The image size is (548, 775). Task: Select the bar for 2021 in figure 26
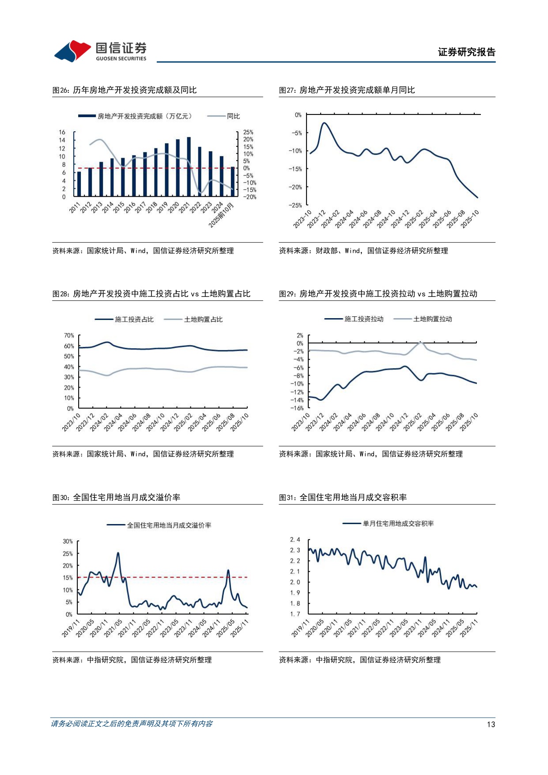[x=189, y=167]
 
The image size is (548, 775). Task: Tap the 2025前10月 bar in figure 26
[x=233, y=181]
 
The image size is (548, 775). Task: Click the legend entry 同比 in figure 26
[x=233, y=116]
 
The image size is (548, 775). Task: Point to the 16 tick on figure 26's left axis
[x=62, y=132]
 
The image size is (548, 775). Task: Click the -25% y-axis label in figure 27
[x=295, y=205]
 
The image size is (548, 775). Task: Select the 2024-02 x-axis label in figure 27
[x=331, y=219]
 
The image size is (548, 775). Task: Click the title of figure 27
[x=347, y=90]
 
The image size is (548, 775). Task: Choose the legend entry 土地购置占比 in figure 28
[x=203, y=319]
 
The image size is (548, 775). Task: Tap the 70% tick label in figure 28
[x=69, y=335]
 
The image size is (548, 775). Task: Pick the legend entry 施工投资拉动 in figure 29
[x=363, y=319]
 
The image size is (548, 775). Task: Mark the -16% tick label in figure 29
[x=297, y=408]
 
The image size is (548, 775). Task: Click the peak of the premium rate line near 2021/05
[x=118, y=553]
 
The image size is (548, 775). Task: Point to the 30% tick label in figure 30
[x=68, y=541]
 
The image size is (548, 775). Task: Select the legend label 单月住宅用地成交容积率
[x=398, y=524]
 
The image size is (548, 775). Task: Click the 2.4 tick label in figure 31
[x=295, y=539]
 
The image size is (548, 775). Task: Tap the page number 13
[x=491, y=724]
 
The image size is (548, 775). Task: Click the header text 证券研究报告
[x=466, y=52]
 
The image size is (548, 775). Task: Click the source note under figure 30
[x=132, y=660]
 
